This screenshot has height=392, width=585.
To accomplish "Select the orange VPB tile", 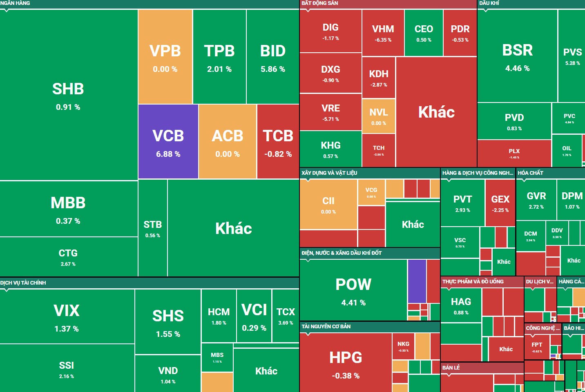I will tap(165, 57).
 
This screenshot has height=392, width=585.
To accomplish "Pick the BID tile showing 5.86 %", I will tap(272, 57).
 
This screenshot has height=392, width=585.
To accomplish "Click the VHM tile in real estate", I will tap(383, 33).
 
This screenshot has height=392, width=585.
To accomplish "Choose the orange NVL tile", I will tap(379, 116).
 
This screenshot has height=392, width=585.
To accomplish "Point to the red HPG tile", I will tap(346, 363).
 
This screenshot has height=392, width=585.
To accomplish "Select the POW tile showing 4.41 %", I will tap(353, 290).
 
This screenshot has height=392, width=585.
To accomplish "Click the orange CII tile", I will tap(328, 204).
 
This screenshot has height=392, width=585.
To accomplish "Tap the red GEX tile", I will tap(500, 203).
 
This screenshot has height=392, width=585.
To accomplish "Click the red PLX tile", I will tap(514, 153).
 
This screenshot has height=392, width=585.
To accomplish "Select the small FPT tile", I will tap(537, 347).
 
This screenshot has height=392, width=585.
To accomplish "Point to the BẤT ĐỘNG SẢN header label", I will tap(320, 3).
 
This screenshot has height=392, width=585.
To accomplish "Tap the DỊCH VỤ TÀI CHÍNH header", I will tap(23, 283).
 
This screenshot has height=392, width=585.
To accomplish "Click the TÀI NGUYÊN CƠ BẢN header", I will tap(326, 326).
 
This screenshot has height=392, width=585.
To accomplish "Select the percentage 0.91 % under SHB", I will tap(68, 107).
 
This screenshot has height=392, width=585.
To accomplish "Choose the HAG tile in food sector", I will tap(461, 305).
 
